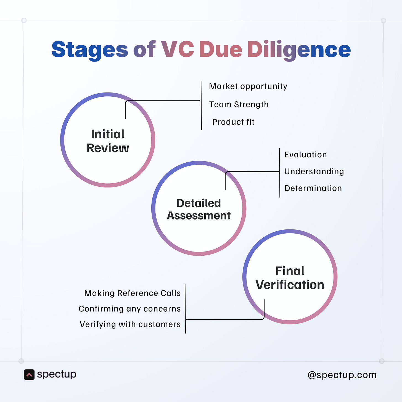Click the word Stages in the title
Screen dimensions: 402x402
(x=90, y=49)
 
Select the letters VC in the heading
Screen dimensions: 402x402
(x=178, y=49)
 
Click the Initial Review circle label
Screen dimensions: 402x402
(x=108, y=141)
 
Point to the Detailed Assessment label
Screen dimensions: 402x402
(x=199, y=209)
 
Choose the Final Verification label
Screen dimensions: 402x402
(x=290, y=278)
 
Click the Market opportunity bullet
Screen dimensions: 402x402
(x=248, y=86)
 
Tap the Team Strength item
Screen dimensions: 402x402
(x=239, y=104)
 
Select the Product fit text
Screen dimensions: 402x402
(x=233, y=122)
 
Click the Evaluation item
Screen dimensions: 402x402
(x=306, y=155)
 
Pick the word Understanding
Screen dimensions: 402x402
(x=314, y=171)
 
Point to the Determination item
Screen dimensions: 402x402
(x=313, y=188)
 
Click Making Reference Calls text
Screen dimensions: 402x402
(x=133, y=293)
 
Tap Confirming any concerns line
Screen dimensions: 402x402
(x=130, y=309)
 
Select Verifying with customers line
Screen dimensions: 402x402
(x=130, y=324)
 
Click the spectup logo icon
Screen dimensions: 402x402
(x=29, y=375)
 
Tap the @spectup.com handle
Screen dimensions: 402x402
(x=342, y=375)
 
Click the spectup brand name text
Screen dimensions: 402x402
(x=57, y=374)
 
